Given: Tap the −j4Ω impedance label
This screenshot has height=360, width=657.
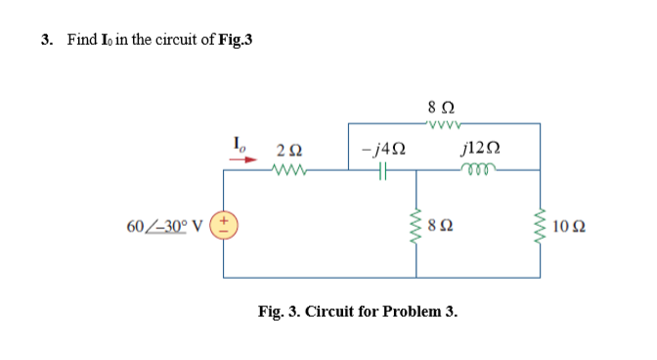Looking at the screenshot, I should click(382, 148).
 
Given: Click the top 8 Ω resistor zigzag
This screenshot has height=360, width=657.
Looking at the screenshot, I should click(440, 123).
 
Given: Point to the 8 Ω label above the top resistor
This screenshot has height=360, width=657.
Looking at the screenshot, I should click(440, 105).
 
